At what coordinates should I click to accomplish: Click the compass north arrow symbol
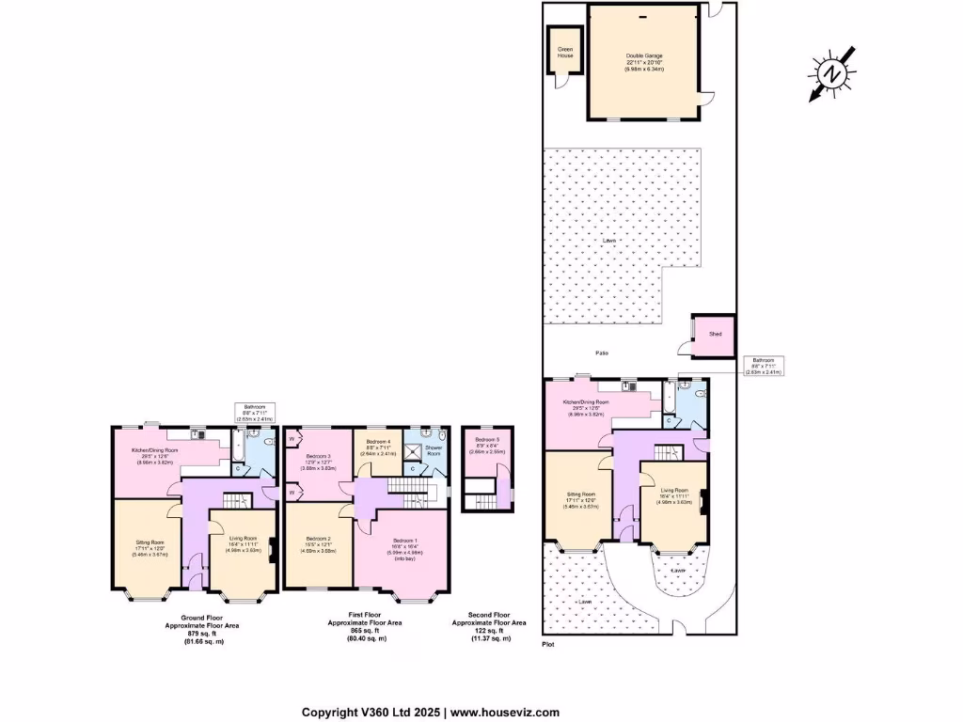829,72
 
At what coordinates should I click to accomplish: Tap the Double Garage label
645,55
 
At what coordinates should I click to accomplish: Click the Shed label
715,334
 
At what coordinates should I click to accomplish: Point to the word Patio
602,353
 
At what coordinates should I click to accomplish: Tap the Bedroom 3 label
318,456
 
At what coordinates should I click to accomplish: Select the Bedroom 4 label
378,441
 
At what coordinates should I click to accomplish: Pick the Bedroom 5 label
487,440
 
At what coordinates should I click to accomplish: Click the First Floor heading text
365,617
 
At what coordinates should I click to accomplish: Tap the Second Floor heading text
489,617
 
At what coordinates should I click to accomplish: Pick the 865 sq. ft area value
365,632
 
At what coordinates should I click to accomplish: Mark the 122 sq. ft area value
489,632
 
